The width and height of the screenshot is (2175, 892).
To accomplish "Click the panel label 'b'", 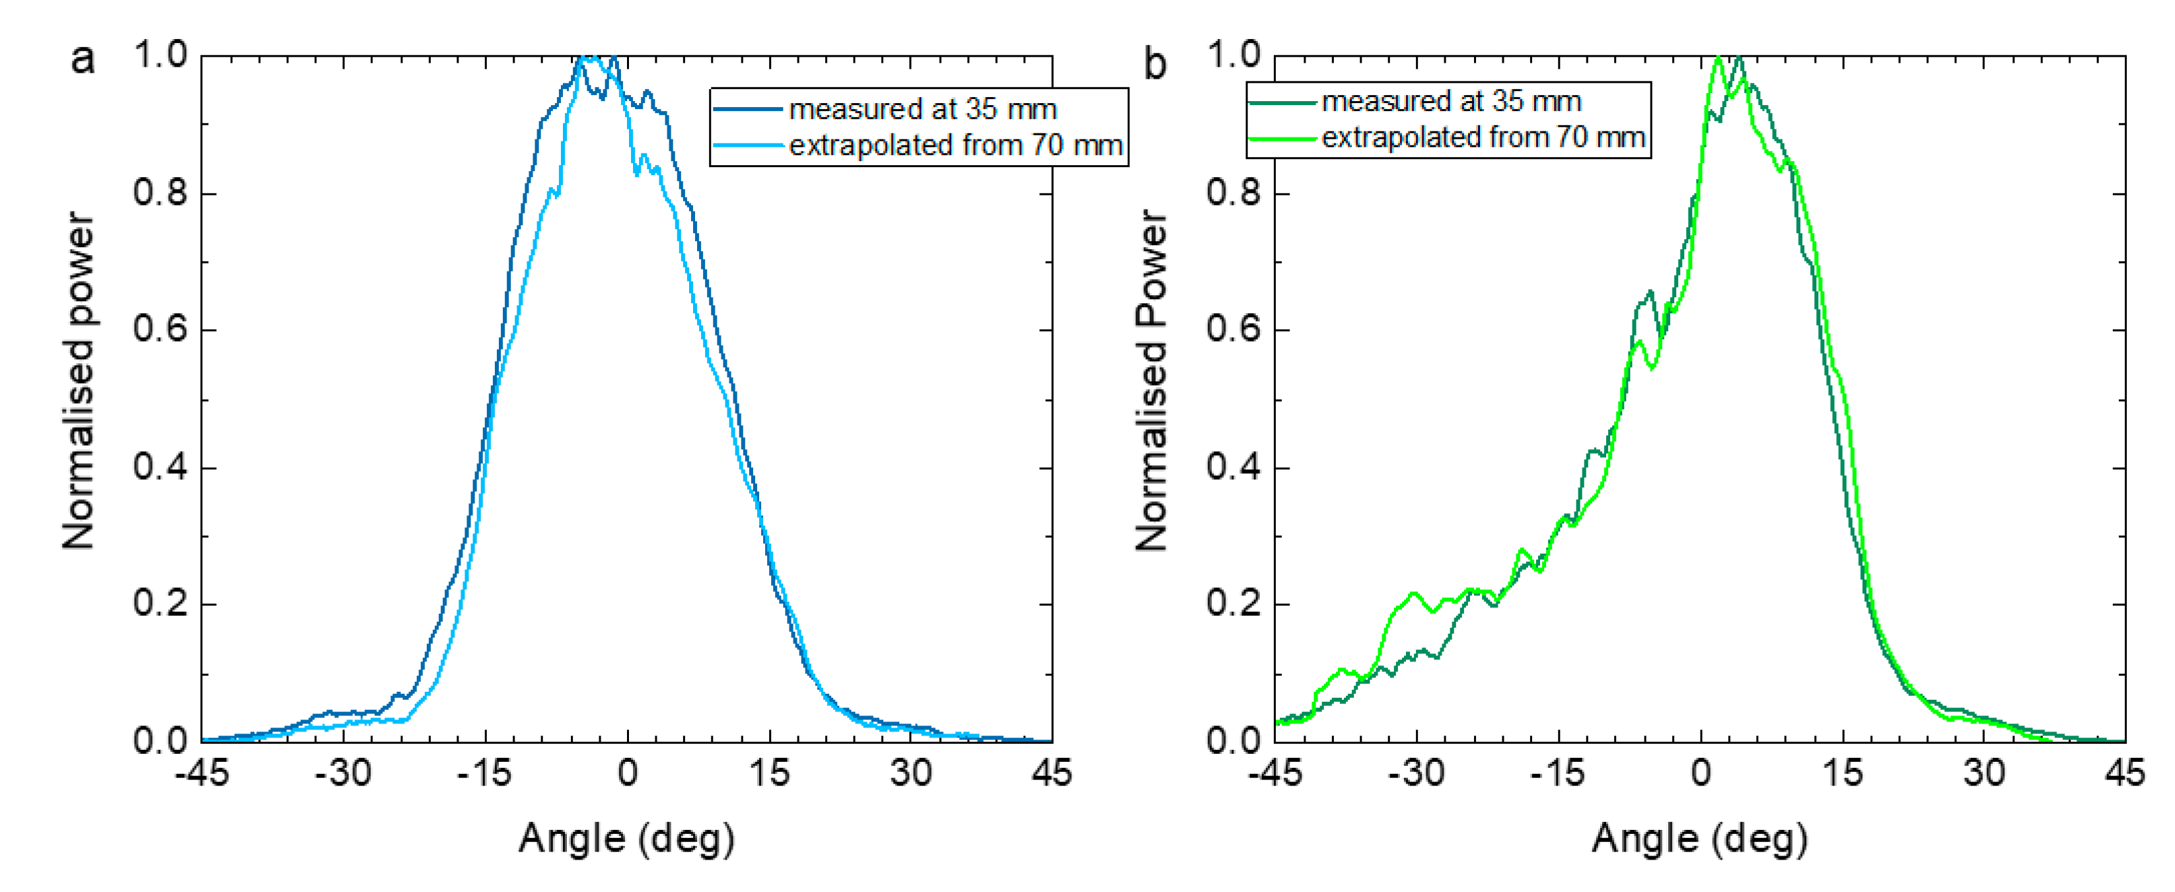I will point(1154,64).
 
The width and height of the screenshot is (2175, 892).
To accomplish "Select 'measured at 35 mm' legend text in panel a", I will point(922,110).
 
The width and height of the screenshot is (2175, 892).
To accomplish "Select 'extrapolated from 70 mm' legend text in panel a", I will point(955,145).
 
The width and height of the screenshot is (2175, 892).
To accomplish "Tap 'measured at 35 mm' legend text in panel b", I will point(1451,101).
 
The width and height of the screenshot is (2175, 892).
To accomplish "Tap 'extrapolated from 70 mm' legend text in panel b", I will point(1483,137).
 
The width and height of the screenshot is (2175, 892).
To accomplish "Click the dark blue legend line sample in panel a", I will point(747,109).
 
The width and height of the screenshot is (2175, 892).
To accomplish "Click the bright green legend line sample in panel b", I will point(1282,137).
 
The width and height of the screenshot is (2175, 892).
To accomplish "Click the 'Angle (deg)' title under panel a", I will point(626,838).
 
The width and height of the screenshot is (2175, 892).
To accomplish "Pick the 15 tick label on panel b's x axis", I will point(1841,773).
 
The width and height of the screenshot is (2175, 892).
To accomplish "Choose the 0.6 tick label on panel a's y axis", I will point(160,330).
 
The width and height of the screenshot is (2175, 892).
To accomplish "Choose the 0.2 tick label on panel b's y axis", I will point(1233,604).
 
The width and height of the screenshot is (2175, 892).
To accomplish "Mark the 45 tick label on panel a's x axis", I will point(1051,773).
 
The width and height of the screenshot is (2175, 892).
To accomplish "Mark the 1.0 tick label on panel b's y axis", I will point(1233,55).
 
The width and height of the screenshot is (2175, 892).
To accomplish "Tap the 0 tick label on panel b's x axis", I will point(1701,773).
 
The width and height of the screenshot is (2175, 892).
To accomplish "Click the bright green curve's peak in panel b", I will point(1717,59).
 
